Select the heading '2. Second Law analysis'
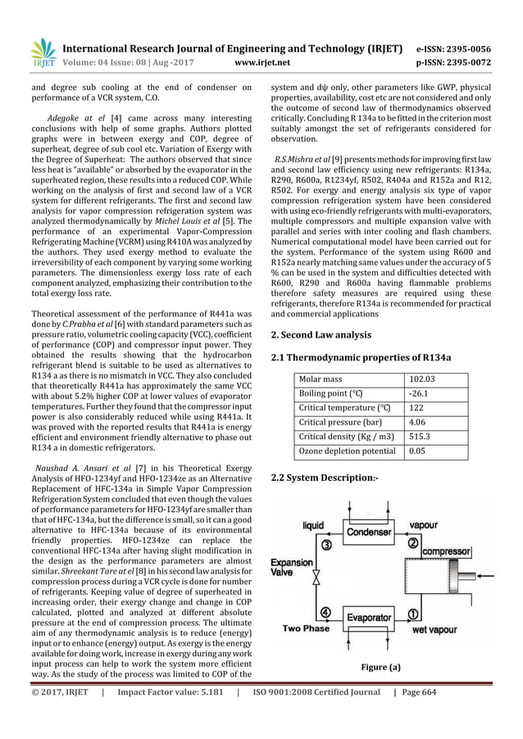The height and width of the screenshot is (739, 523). coord(321,335)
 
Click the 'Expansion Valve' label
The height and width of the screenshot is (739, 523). coord(291,569)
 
